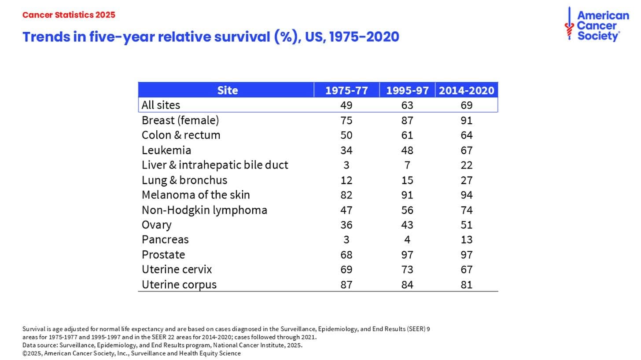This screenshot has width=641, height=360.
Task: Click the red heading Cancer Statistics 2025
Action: click(x=69, y=15)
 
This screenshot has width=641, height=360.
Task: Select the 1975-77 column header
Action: click(x=346, y=91)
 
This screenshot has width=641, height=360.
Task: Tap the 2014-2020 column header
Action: click(x=466, y=91)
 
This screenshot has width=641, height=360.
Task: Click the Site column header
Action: click(x=227, y=91)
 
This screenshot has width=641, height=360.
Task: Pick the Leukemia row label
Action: click(x=166, y=150)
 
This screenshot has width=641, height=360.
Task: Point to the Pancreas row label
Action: click(x=165, y=239)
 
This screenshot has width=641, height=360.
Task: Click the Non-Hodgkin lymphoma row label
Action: click(x=204, y=210)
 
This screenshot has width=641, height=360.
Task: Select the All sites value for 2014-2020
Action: click(x=466, y=105)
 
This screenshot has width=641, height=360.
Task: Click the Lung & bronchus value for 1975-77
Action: click(x=346, y=180)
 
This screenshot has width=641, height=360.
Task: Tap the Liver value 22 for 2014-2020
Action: click(x=466, y=165)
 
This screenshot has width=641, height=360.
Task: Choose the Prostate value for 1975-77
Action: click(x=346, y=254)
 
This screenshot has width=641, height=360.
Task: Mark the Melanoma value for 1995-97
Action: click(x=407, y=195)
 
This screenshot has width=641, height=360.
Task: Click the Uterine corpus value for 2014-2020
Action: click(x=466, y=284)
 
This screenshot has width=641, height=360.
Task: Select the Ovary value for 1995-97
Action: click(x=407, y=225)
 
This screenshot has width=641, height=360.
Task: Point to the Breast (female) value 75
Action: click(x=346, y=120)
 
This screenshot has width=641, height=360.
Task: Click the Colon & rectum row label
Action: click(x=181, y=135)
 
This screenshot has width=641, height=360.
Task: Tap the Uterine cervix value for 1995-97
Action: click(x=407, y=269)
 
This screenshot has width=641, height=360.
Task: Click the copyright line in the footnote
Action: click(x=131, y=353)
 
